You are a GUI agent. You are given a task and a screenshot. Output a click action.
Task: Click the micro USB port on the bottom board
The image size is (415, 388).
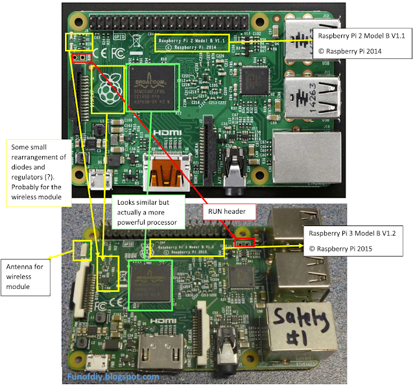[x=98, y=359]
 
